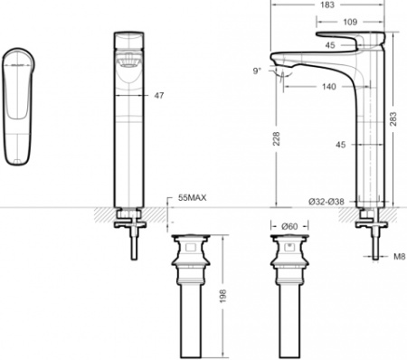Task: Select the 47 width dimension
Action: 159,94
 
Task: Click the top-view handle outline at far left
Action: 20,107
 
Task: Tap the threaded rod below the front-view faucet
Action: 134,244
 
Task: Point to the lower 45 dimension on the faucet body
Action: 341,144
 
